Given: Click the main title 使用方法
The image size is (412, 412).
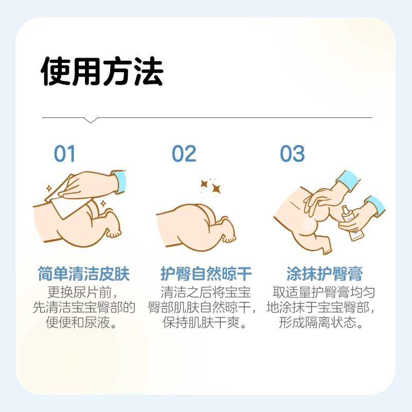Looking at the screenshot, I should [x=102, y=72].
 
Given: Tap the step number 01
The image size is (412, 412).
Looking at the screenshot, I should [x=65, y=154].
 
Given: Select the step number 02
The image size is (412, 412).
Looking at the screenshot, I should [x=184, y=154].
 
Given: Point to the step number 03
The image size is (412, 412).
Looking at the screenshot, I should [x=293, y=154].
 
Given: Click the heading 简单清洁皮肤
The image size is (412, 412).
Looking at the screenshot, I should [x=84, y=274].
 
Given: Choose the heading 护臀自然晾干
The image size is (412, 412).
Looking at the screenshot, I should [x=206, y=274].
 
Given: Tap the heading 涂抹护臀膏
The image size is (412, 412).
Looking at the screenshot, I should [x=324, y=274].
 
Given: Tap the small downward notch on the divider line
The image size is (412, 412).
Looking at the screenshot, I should [x=91, y=121].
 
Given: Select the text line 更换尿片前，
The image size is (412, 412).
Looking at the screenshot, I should [x=84, y=293].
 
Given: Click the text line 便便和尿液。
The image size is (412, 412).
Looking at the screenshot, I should [x=84, y=324].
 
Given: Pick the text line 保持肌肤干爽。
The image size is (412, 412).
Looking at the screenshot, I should [x=206, y=324].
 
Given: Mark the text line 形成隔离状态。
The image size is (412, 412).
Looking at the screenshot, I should [x=324, y=324].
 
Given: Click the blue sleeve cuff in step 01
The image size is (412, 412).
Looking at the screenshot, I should [x=119, y=181].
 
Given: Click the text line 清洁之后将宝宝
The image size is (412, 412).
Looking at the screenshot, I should [x=206, y=293].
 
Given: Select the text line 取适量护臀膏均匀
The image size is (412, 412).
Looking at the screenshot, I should [x=324, y=293].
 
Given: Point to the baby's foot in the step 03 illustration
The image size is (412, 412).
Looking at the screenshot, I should [x=325, y=248].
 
